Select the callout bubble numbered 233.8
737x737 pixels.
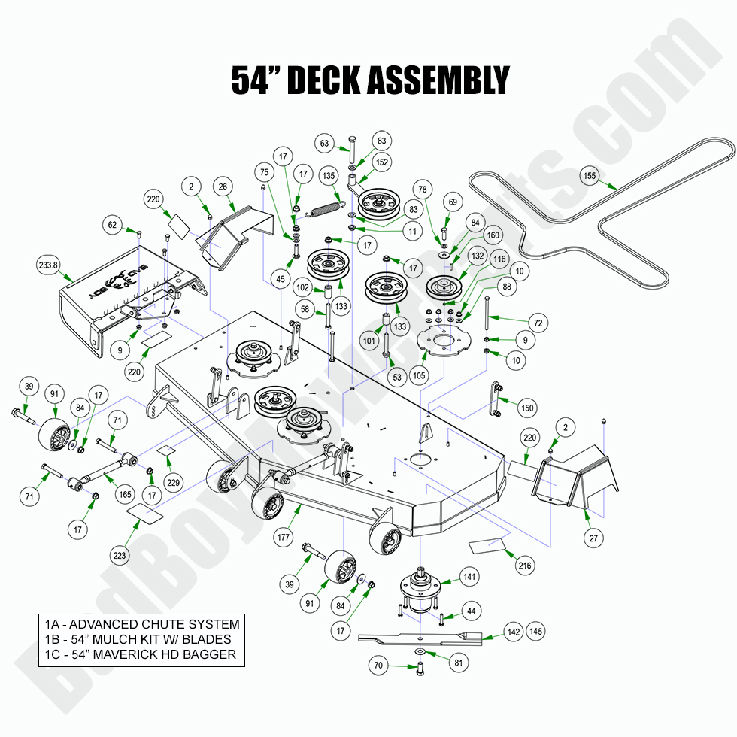tap(47, 265)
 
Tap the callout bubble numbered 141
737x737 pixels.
tap(470, 577)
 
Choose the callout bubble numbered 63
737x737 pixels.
tap(324, 143)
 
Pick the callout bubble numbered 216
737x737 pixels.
tap(524, 566)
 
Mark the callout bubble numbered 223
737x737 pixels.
tap(119, 556)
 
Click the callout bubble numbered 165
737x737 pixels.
tap(124, 494)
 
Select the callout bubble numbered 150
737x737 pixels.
tap(527, 408)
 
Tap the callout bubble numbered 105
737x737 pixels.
tap(419, 375)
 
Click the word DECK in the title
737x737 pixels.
tap(338, 80)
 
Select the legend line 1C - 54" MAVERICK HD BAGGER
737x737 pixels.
tap(140, 654)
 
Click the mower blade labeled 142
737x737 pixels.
tap(421, 639)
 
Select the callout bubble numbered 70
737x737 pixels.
tap(379, 666)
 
